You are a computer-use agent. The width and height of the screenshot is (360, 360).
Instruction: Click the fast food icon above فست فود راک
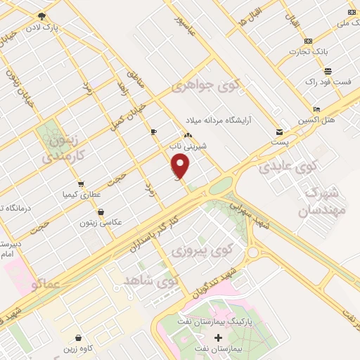[x=328, y=71]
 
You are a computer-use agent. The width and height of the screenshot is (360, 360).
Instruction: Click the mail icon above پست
[x=280, y=131]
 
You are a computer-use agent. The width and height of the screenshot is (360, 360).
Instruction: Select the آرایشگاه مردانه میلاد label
[x=224, y=120]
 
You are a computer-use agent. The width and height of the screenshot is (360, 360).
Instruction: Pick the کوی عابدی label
[x=287, y=167]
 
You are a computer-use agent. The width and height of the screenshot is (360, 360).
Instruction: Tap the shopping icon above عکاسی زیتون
[x=101, y=211]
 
